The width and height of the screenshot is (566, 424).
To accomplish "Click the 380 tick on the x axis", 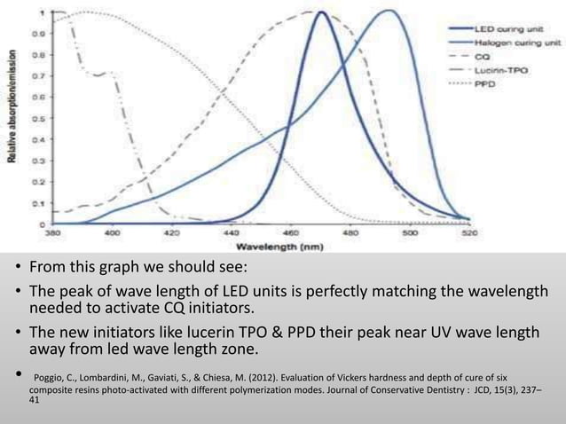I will click(52, 234).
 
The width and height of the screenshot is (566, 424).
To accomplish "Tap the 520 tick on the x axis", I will click(470, 234).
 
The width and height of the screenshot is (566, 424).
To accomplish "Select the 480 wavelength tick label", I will click(351, 234).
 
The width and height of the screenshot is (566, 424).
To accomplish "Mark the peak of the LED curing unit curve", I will click(318, 12).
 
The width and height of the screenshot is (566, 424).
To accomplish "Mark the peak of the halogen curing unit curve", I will click(389, 11).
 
